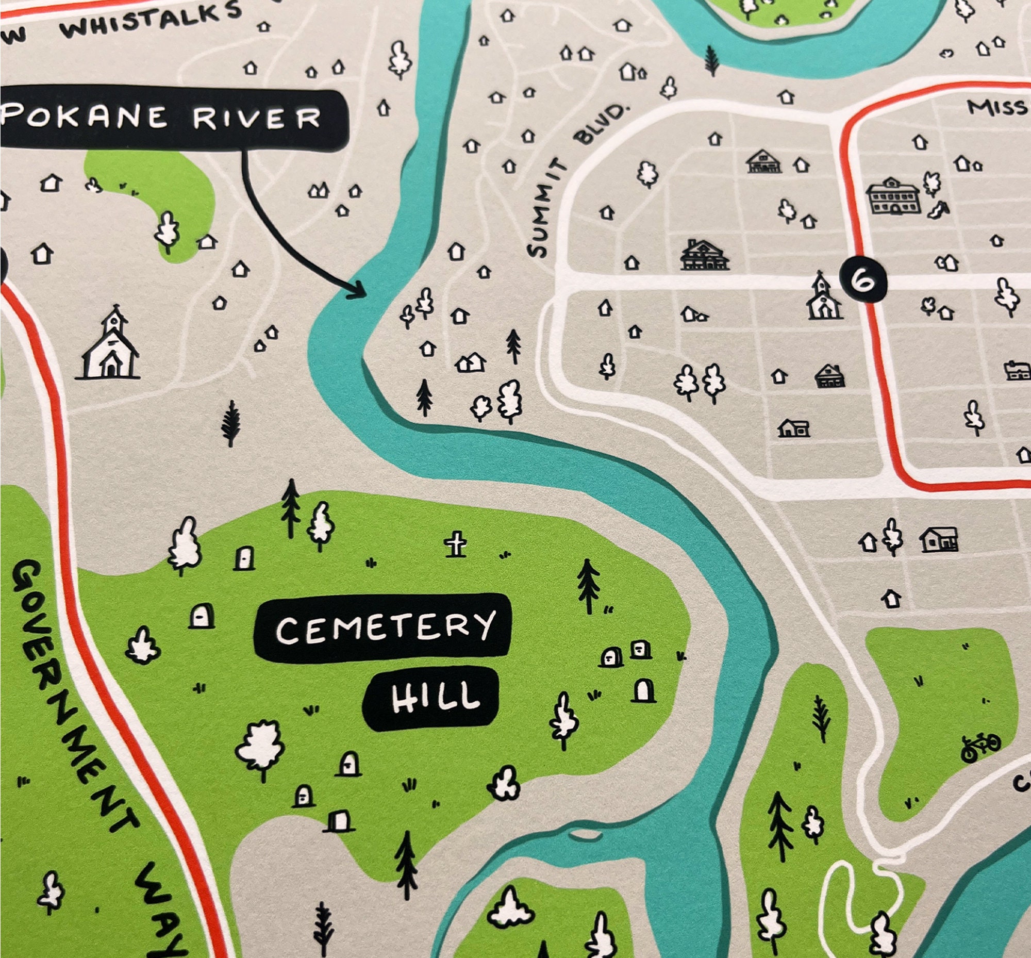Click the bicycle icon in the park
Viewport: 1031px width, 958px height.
tap(980, 747)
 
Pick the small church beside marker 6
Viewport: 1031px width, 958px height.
tap(823, 298)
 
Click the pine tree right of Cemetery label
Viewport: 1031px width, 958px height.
tap(588, 586)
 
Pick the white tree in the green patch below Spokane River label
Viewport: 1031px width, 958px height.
tap(167, 232)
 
